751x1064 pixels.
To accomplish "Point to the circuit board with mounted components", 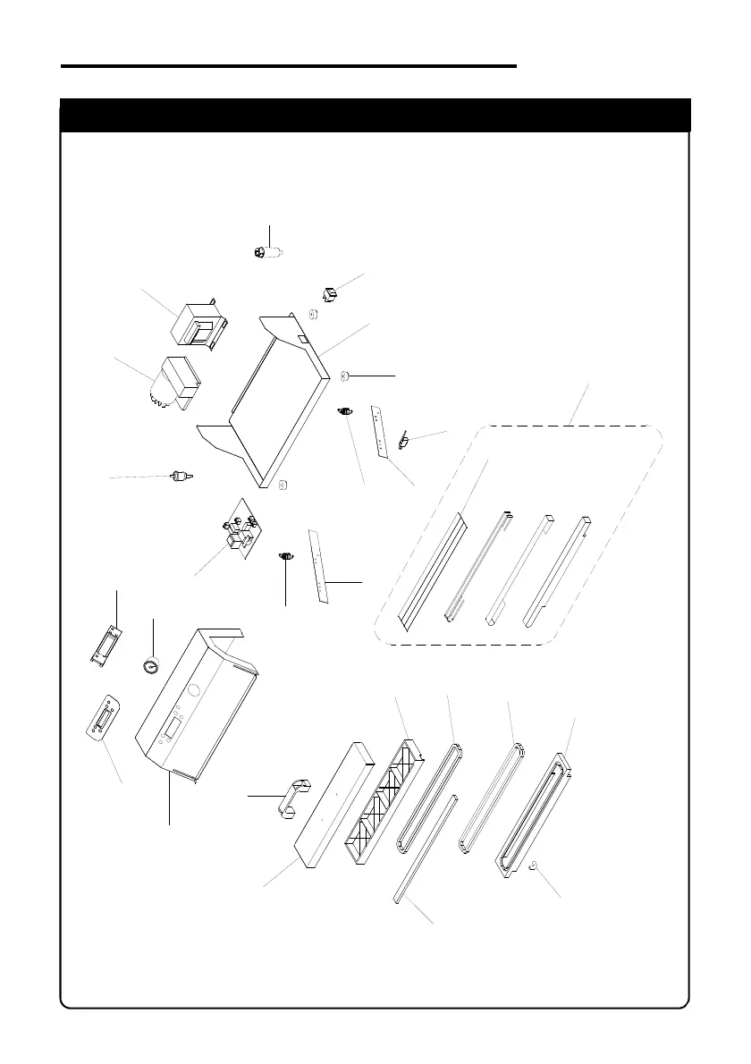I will click(x=237, y=528).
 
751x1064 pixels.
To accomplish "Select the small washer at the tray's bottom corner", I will click(x=283, y=486).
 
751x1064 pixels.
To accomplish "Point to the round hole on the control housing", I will click(x=192, y=689).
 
